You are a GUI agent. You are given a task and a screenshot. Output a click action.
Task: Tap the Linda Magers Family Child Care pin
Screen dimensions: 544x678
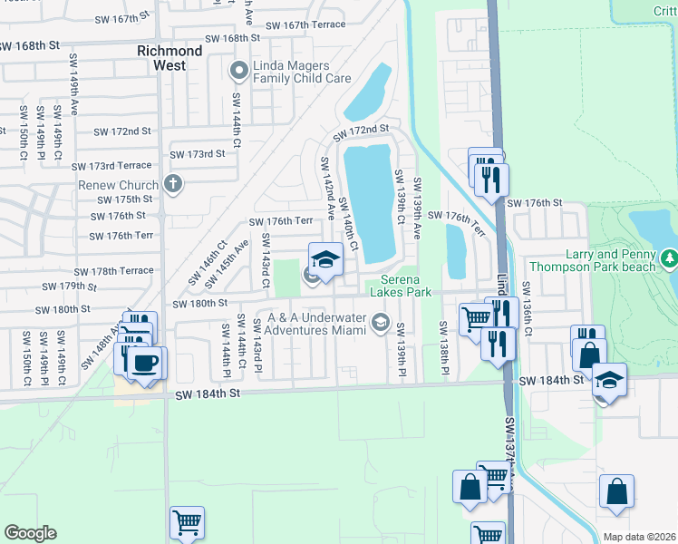click(239, 71)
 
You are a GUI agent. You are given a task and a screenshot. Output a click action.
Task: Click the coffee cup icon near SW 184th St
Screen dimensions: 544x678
click(145, 364)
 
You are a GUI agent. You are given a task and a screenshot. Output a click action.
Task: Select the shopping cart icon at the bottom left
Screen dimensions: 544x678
click(187, 523)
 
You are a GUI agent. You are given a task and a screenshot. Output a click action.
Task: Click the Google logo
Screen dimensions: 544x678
click(30, 533)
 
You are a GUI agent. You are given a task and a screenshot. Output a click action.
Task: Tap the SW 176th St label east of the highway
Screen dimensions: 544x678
click(540, 203)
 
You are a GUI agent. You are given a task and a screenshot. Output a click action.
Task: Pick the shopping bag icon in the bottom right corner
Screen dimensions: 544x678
click(616, 491)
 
